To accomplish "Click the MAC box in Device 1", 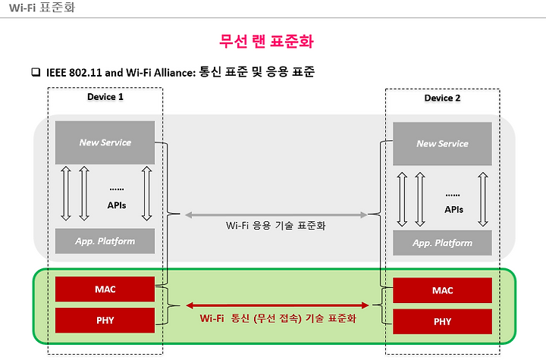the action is (105, 289).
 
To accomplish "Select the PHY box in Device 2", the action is (442, 321).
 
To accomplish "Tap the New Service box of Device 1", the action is (105, 142).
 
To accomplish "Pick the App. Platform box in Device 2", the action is (442, 243).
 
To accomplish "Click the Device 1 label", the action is (105, 97).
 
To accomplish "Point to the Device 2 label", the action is (442, 99).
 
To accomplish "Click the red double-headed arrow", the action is (278, 305).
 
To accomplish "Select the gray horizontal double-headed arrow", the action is (276, 215).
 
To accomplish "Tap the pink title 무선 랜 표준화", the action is (266, 41).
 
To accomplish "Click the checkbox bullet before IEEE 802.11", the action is (36, 72).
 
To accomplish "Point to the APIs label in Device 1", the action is (117, 205).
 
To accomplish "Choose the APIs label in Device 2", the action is (453, 210).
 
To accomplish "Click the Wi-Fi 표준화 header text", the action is (42, 8).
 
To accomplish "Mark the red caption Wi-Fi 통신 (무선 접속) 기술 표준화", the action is (278, 318).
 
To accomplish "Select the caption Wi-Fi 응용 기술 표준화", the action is (275, 226).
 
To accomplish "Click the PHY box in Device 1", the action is (105, 320).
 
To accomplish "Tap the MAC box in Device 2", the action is (442, 290).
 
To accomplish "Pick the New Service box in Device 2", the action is (442, 143).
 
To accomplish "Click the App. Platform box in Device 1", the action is (105, 241).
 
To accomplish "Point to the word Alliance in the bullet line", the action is (175, 73).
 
